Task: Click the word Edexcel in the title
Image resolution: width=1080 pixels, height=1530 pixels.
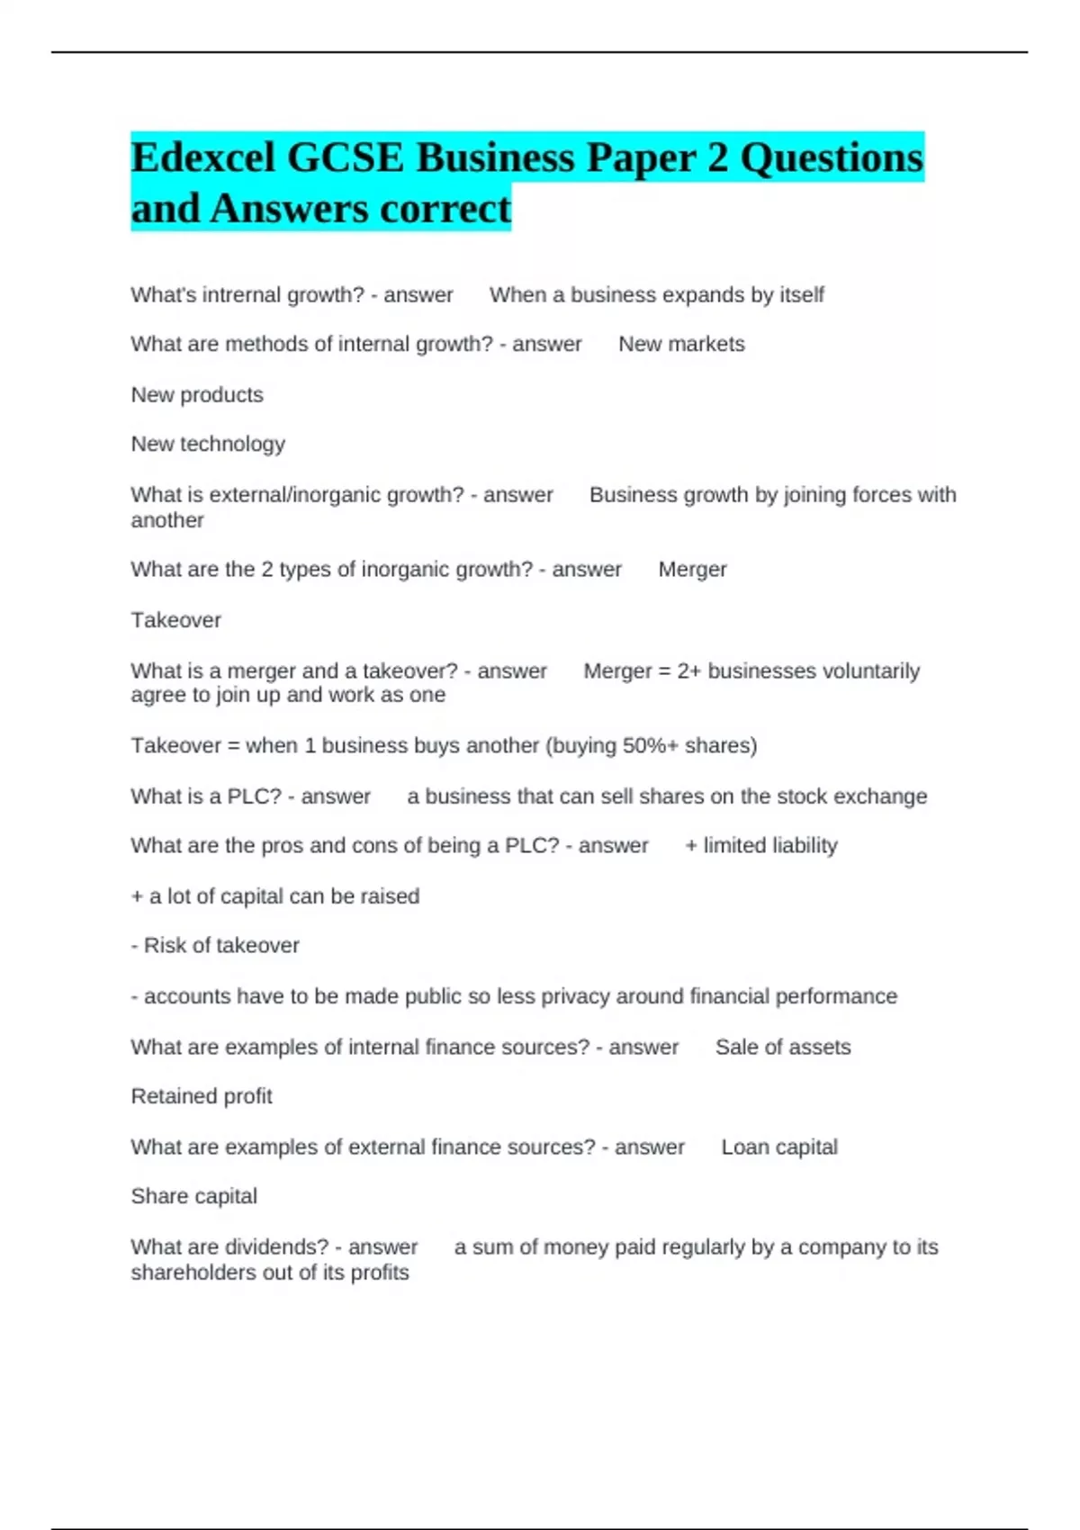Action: click(x=202, y=158)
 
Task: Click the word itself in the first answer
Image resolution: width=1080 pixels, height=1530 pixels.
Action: click(x=802, y=295)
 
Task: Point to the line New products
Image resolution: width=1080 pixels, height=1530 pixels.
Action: click(x=197, y=395)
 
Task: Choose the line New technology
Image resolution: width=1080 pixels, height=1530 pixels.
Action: click(x=208, y=444)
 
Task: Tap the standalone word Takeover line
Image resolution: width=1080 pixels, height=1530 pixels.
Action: click(x=175, y=620)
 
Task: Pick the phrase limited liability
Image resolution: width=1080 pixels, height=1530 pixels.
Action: click(x=770, y=846)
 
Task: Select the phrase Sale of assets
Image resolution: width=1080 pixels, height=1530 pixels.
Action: click(x=783, y=1048)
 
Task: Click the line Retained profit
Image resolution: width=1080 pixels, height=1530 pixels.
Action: click(x=202, y=1096)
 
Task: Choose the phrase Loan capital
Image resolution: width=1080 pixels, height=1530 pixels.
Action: click(x=779, y=1147)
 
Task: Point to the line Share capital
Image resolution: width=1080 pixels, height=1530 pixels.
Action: click(x=193, y=1196)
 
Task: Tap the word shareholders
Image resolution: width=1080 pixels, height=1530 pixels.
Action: click(x=194, y=1273)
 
